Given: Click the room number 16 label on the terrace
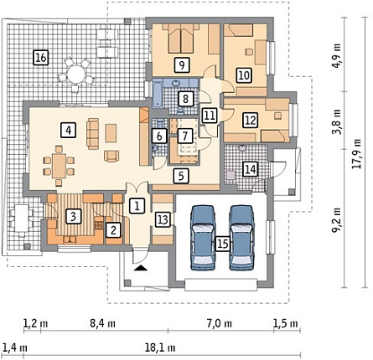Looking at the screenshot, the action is (41, 58).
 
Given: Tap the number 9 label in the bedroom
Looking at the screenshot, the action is (182, 65).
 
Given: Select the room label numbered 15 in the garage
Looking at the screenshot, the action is (223, 244).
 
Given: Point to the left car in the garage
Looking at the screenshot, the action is (203, 238).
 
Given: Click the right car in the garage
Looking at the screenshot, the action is (241, 238).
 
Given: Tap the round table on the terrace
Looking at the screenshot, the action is (75, 73).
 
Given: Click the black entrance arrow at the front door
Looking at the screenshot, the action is (141, 268).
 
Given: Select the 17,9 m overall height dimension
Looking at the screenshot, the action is (356, 153).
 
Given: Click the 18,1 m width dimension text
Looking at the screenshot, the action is (160, 348).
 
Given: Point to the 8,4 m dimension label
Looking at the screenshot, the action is (102, 324).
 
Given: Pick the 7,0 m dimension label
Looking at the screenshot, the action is (220, 324).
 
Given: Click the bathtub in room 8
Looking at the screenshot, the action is (158, 94).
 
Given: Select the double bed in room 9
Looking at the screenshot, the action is (181, 39).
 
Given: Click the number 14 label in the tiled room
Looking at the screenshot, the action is (251, 169).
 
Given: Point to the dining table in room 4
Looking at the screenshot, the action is (59, 165).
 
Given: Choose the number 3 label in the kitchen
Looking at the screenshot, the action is (73, 217).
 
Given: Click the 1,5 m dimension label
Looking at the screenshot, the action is (286, 324).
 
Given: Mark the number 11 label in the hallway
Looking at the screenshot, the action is (210, 115).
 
